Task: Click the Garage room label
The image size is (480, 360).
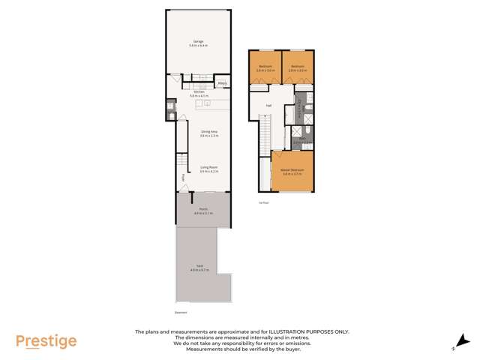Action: tap(199, 43)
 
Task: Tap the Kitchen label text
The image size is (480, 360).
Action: tap(198, 94)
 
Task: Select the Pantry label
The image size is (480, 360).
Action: tap(223, 83)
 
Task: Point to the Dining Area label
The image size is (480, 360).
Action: tap(199, 134)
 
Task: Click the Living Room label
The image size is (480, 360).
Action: tap(199, 170)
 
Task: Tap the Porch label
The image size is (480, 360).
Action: tap(202, 211)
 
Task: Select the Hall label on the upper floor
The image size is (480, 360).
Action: tap(268, 106)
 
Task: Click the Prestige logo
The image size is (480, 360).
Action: tap(46, 341)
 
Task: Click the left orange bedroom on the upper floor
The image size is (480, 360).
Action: tap(265, 67)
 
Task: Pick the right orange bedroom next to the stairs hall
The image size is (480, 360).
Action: tap(298, 67)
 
